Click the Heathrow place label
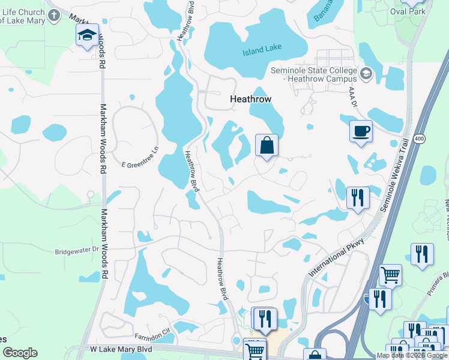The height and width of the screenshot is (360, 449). (x=251, y=100)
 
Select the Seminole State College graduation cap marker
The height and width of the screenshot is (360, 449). (x=366, y=73)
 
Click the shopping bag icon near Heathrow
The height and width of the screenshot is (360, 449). (x=267, y=145)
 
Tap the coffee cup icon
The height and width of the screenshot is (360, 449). (x=361, y=131)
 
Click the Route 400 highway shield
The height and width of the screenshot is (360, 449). (x=419, y=139)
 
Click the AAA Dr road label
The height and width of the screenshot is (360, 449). (x=353, y=98)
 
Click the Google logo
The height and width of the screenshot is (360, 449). (x=20, y=353)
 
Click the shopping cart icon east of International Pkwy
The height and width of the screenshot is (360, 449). (x=390, y=275)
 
